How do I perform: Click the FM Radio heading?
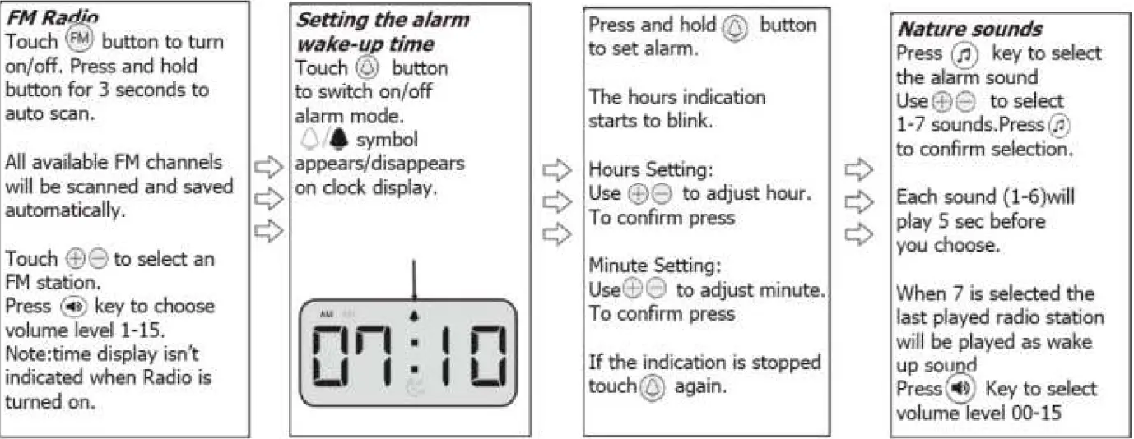(x=52, y=16)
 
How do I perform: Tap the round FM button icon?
(x=80, y=40)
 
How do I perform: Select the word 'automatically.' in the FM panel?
(x=65, y=210)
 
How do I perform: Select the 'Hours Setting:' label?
(x=651, y=170)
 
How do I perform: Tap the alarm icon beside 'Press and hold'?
(x=733, y=27)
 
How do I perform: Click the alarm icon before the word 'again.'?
(x=652, y=386)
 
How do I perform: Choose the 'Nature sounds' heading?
(x=969, y=29)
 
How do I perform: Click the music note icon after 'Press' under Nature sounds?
(x=964, y=54)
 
